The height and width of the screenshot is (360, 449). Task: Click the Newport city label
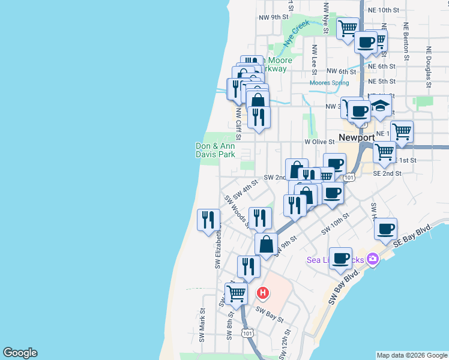pos(357,138)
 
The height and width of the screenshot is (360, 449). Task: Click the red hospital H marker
pos(262,293)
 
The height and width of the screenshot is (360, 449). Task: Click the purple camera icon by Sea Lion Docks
pos(373,259)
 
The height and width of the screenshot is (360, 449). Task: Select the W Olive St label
pos(319,142)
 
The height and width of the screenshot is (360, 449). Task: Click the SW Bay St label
pos(269,313)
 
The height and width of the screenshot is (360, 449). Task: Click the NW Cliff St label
pos(238,123)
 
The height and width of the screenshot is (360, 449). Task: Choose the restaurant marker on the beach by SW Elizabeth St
pos(208,219)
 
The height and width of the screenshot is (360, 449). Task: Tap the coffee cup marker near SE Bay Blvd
pos(385,228)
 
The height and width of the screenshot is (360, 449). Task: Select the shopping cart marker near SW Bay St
pos(237,293)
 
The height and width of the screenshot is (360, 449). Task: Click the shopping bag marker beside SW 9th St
pos(266,244)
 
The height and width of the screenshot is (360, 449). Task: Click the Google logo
pos(20,353)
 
